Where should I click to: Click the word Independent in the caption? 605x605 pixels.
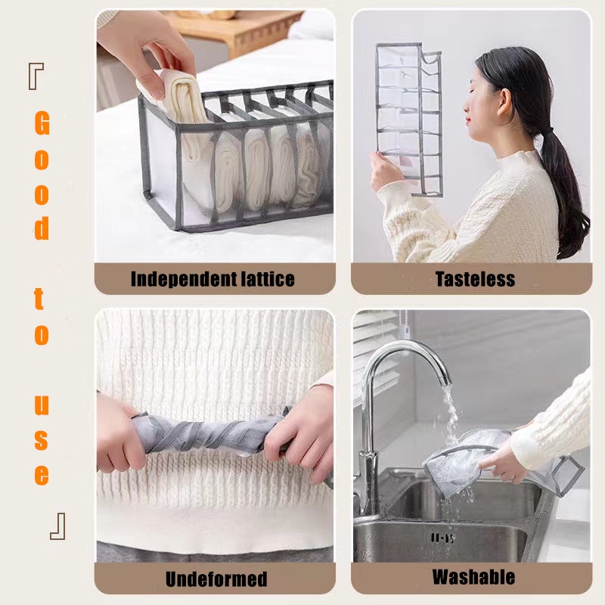pyautogui.click(x=183, y=279)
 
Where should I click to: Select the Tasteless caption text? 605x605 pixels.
pyautogui.click(x=475, y=278)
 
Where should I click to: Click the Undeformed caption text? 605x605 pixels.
pyautogui.click(x=216, y=579)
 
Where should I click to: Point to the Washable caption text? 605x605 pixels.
pyautogui.click(x=474, y=577)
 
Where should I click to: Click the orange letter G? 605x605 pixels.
pyautogui.click(x=42, y=123)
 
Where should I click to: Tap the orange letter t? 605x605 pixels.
pyautogui.click(x=39, y=299)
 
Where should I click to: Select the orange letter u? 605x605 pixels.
pyautogui.click(x=42, y=405)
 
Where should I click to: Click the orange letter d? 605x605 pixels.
pyautogui.click(x=42, y=228)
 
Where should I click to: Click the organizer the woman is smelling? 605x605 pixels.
pyautogui.click(x=409, y=119)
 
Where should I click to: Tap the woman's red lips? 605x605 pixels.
pyautogui.click(x=468, y=119)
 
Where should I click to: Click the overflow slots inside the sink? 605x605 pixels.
pyautogui.click(x=442, y=538)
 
